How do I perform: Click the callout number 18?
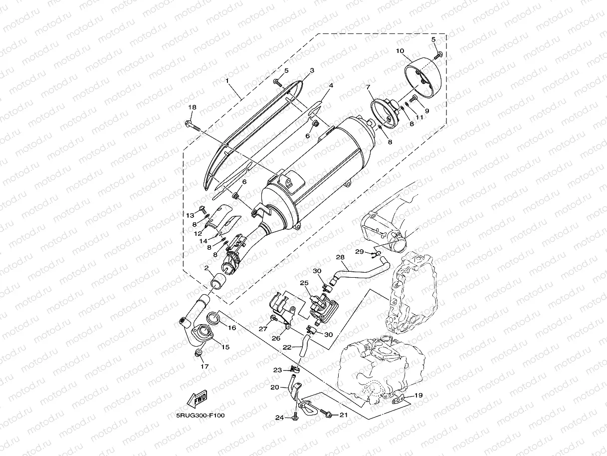click(x=192, y=107)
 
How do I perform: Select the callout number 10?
click(x=400, y=51)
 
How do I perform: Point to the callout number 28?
click(x=340, y=257)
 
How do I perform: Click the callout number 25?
click(x=304, y=283)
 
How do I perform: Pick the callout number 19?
click(x=418, y=395)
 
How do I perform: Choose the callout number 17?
click(x=204, y=366)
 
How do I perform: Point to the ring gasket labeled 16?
click(x=212, y=317)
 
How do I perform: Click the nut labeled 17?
click(x=199, y=354)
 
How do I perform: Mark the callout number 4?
click(x=330, y=86)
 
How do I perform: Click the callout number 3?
click(x=311, y=71)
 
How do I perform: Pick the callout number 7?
click(x=369, y=87)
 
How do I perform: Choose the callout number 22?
click(x=287, y=347)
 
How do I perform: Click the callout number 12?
click(x=198, y=233)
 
